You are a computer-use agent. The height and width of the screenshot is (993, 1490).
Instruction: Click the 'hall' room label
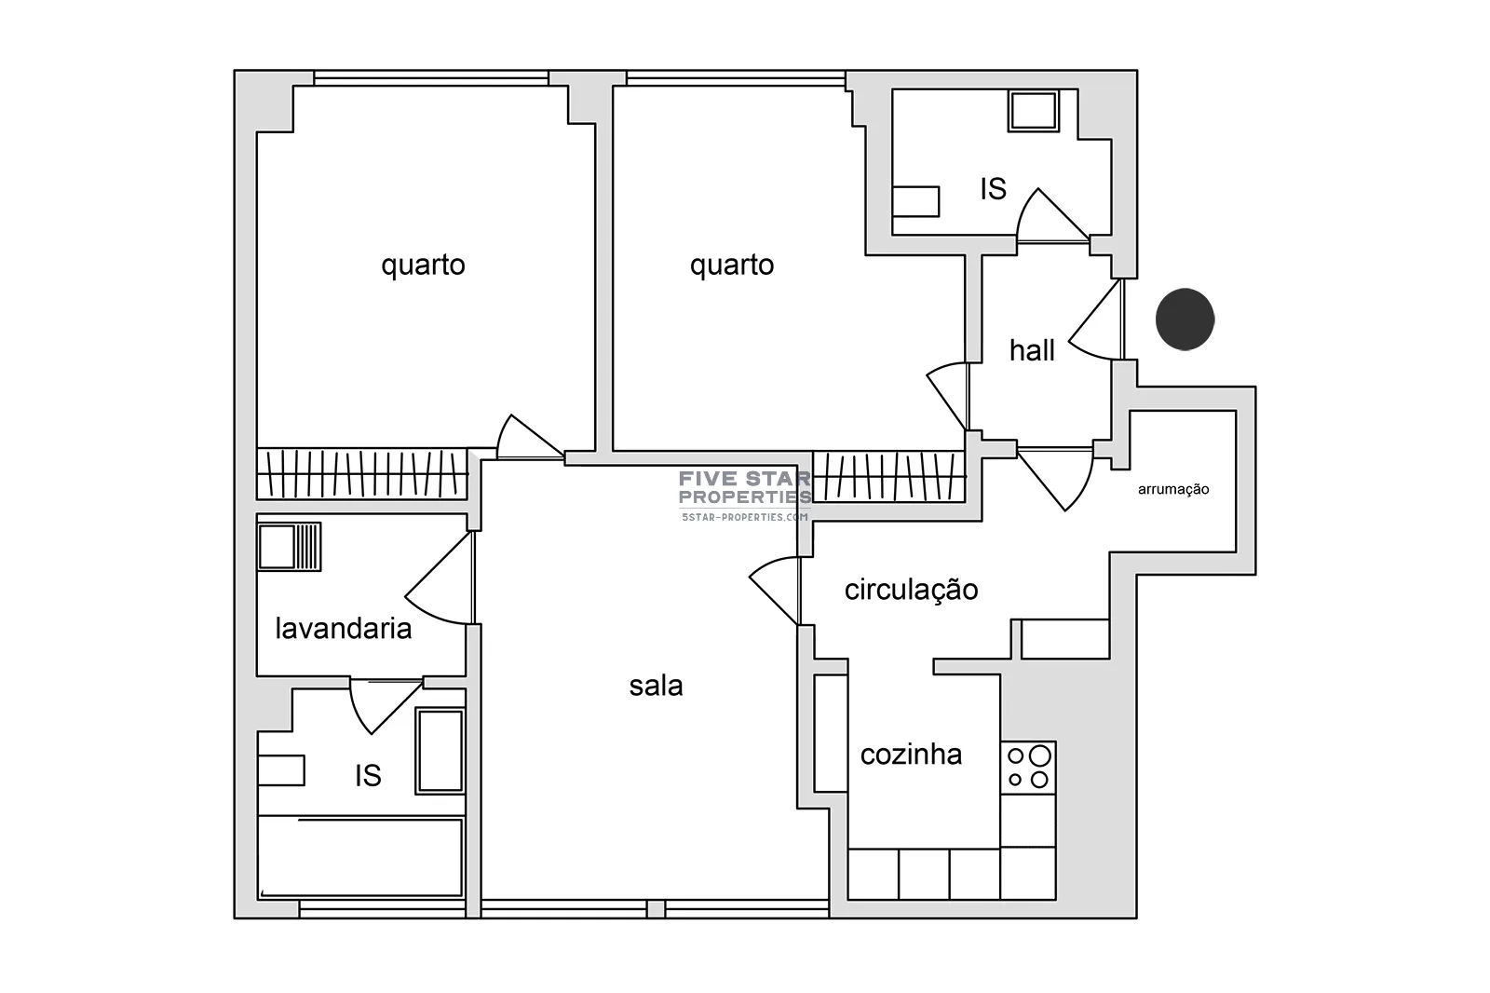[1032, 351]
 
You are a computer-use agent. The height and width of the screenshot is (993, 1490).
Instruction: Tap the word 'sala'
[656, 687]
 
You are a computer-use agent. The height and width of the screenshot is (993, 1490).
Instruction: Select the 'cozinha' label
[911, 755]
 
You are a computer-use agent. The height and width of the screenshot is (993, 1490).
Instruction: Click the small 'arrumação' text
[1173, 490]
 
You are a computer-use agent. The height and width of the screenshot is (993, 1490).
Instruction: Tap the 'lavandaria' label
[344, 628]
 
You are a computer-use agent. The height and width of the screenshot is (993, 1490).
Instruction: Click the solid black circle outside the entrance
[1185, 320]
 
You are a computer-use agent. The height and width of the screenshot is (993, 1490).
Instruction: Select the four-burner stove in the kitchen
[1028, 768]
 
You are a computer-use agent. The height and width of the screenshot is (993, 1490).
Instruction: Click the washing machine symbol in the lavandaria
[290, 547]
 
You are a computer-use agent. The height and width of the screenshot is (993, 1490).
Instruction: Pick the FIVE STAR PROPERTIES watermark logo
[745, 496]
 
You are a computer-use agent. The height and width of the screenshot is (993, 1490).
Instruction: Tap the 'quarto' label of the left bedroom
[423, 265]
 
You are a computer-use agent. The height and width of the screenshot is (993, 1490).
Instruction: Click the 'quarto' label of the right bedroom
[732, 265]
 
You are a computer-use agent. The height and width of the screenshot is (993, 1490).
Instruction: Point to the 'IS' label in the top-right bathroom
[993, 189]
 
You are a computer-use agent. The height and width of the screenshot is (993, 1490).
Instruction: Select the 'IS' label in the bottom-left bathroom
[368, 775]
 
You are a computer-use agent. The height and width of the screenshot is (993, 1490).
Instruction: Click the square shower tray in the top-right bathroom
[1033, 111]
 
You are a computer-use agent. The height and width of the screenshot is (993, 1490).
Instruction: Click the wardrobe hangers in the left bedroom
[362, 474]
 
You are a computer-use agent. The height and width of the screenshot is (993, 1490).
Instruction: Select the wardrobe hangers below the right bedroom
[888, 477]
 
